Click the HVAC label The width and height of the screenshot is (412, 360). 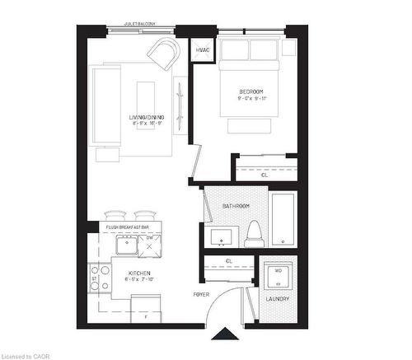tap(202, 50)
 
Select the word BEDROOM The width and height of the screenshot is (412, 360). tap(251, 91)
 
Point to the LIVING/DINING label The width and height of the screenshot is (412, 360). tap(147, 118)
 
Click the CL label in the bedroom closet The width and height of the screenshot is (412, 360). tap(264, 175)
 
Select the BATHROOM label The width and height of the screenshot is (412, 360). tap(237, 206)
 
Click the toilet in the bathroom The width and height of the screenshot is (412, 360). tap(254, 233)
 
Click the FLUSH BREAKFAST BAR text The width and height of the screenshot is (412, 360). tap(127, 227)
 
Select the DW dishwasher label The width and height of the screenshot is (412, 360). tap(149, 237)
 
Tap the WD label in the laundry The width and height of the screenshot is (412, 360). tap(277, 269)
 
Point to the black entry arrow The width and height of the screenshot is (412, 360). tap(222, 334)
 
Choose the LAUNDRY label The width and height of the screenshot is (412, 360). tap(276, 298)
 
